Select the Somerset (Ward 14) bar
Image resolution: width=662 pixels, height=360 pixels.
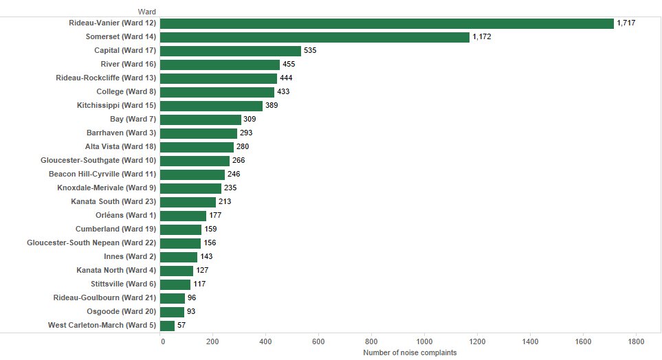(x=315, y=37)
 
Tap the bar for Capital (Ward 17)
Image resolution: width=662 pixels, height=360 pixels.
(x=230, y=51)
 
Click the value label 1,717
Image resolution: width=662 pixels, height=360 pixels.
(x=627, y=23)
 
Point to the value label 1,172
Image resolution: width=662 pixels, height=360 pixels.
(x=483, y=37)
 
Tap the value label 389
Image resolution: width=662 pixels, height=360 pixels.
(x=272, y=106)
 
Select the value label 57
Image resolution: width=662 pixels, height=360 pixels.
(x=181, y=326)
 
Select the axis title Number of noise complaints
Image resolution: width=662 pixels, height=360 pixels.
(x=410, y=352)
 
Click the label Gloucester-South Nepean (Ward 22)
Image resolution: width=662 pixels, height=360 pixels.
(x=91, y=243)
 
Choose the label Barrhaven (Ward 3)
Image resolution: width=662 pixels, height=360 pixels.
(x=122, y=133)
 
